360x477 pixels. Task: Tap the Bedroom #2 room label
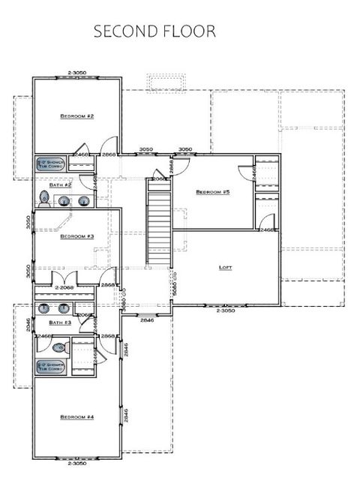pyautogui.click(x=76, y=117)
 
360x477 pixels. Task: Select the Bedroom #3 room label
pyautogui.click(x=76, y=236)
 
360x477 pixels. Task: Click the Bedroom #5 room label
pyautogui.click(x=212, y=192)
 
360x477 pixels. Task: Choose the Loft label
pyautogui.click(x=226, y=267)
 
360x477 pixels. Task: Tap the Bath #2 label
pyautogui.click(x=62, y=184)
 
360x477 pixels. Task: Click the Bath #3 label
pyautogui.click(x=61, y=322)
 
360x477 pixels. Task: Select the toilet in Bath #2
pyautogui.click(x=44, y=199)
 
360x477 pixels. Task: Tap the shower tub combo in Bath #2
pyautogui.click(x=52, y=163)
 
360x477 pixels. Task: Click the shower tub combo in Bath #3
pyautogui.click(x=52, y=367)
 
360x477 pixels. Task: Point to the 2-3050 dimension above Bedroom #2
pyautogui.click(x=77, y=73)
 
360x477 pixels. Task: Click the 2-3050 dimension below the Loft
pyautogui.click(x=226, y=310)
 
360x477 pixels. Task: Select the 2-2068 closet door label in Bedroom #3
pyautogui.click(x=66, y=286)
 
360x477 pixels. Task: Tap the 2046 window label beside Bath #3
pyautogui.click(x=28, y=324)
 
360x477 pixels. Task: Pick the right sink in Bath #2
pyautogui.click(x=82, y=200)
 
